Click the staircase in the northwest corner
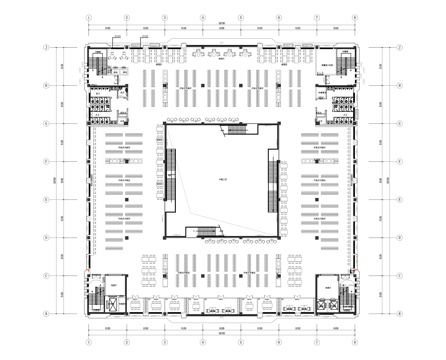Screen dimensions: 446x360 click(x=98, y=67)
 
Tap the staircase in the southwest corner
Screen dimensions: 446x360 click(x=96, y=295)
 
